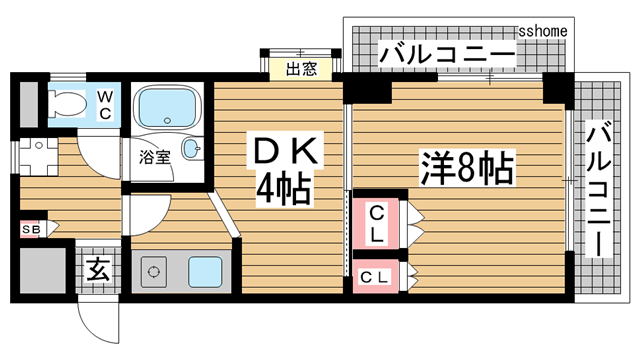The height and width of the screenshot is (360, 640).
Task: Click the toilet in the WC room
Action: point(69,101)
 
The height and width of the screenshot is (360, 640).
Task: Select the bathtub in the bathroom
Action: point(167,105)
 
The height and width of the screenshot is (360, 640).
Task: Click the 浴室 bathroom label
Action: point(153,156)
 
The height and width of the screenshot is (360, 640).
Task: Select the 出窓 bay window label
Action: point(301,69)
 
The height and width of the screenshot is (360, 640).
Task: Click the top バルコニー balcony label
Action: point(446,55)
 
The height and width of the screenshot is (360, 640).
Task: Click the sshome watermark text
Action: point(544,31)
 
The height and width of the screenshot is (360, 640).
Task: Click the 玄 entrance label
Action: point(98,268)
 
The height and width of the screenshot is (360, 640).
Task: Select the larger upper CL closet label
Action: point(377,225)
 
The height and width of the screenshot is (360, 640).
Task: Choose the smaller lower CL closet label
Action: point(375,276)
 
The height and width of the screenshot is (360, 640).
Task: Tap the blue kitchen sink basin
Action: point(206,270)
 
